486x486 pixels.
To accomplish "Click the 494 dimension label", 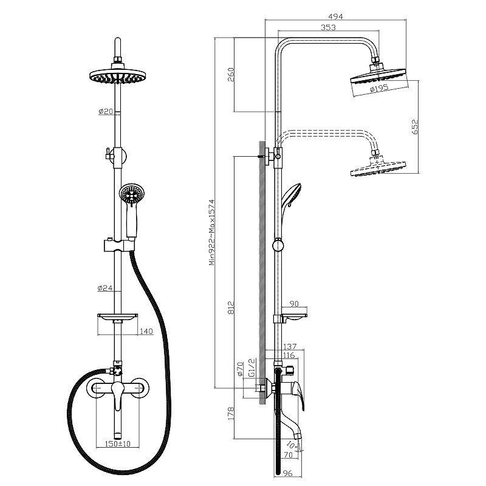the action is point(335,16).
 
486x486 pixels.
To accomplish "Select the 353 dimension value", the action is point(328,27).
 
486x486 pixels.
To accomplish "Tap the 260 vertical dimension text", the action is point(231,74).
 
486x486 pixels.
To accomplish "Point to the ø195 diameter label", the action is point(378,89).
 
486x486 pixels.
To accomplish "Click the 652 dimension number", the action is point(414,127).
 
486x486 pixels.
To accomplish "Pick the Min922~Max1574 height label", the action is point(212,232).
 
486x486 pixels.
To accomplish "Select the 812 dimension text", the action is point(231,307).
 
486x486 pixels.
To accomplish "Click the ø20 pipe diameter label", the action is point(106,111).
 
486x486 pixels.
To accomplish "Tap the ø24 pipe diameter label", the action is point(104,288).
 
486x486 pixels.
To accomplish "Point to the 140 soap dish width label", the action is point(146,331).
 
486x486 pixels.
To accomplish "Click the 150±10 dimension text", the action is point(118,443).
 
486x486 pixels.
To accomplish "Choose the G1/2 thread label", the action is point(252,368).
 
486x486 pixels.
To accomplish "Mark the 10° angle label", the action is point(292,445).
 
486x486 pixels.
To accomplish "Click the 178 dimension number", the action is point(231,414).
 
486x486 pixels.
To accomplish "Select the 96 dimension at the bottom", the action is point(288,473).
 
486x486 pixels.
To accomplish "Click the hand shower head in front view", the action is point(132,194).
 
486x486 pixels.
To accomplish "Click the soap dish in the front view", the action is point(117,317).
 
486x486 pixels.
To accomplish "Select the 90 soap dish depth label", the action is point(294,303).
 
